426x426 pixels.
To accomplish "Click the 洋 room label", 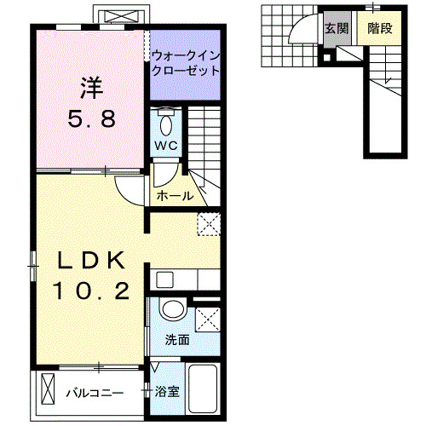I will point(92,87).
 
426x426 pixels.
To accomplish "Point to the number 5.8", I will point(92,119).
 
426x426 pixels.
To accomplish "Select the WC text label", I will point(165,145).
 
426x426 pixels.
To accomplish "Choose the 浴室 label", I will point(168,393).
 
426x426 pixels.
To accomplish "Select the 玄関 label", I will point(337,28).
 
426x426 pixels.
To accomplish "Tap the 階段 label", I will point(379,28).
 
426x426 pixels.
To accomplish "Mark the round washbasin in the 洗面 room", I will point(174,308).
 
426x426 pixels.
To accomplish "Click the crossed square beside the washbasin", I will point(206,320).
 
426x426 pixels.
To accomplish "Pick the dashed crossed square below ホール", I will point(209,224).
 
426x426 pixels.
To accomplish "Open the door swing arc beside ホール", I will point(132,191).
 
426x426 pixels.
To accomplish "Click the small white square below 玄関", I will point(326,58).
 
